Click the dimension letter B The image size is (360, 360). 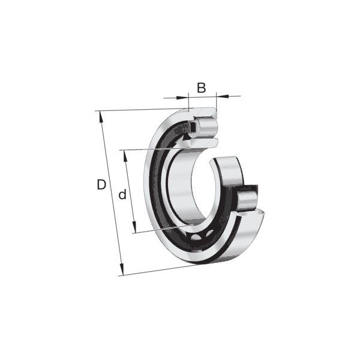[x=202, y=88]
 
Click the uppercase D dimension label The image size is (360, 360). [x=101, y=185]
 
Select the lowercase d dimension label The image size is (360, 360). [x=122, y=194]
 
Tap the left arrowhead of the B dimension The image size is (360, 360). [x=182, y=98]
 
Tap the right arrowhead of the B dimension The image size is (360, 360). [x=222, y=96]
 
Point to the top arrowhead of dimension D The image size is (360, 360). [x=101, y=116]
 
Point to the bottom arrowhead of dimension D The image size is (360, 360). [x=121, y=269]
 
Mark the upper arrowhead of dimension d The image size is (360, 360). [x=125, y=156]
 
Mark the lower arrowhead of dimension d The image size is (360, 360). [x=134, y=227]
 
